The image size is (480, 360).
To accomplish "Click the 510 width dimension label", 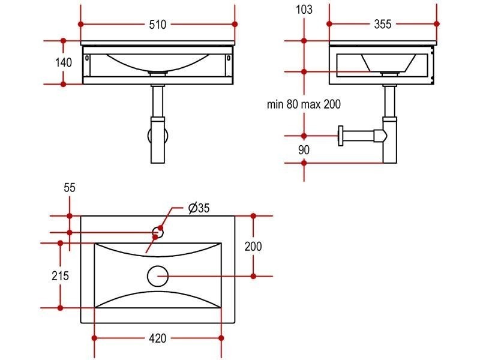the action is pyautogui.click(x=157, y=25).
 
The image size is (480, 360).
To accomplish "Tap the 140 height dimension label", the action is pyautogui.click(x=64, y=62).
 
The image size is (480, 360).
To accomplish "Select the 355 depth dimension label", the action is pyautogui.click(x=383, y=24).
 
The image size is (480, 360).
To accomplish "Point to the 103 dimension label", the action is pyautogui.click(x=304, y=10).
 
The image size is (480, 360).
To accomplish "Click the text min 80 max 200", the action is pyautogui.click(x=304, y=104).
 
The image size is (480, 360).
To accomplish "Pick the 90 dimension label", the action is pyautogui.click(x=304, y=150).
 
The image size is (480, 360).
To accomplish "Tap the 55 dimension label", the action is pyautogui.click(x=70, y=188).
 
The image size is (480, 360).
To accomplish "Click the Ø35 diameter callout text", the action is pyautogui.click(x=199, y=208).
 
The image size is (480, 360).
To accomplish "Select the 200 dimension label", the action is pyautogui.click(x=253, y=246).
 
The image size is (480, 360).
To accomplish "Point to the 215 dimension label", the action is pyautogui.click(x=61, y=276).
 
